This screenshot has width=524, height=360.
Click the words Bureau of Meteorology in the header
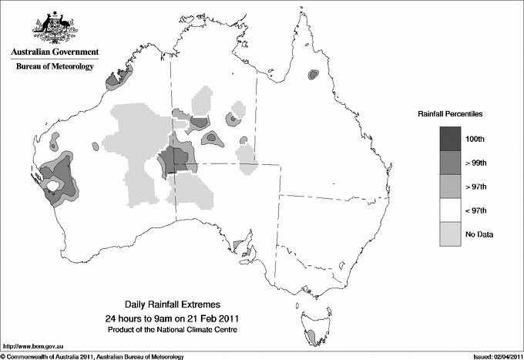click(x=55, y=67)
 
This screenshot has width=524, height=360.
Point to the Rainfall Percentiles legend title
click(x=450, y=113)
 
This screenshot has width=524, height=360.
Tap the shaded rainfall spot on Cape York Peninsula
click(x=313, y=75)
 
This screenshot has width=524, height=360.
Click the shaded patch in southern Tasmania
click(x=310, y=337)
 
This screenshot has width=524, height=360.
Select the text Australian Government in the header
click(x=55, y=52)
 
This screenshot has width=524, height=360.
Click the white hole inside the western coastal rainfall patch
click(x=54, y=186)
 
